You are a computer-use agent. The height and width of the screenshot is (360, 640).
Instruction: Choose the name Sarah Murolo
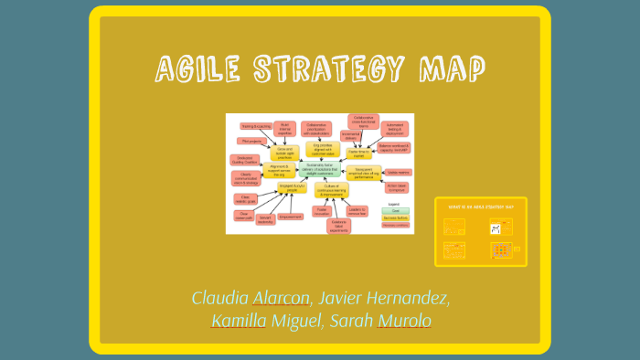point(380,321)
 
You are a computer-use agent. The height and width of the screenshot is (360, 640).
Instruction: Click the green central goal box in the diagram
point(319,169)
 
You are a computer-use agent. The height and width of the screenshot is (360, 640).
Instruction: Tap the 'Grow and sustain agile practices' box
point(283,152)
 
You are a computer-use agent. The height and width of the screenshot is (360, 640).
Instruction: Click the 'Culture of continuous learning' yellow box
point(331,190)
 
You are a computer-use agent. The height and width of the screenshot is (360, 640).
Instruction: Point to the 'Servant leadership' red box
point(266,220)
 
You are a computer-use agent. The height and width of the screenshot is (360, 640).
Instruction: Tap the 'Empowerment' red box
point(291,217)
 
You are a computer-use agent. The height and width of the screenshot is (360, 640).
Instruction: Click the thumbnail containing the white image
point(502,227)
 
